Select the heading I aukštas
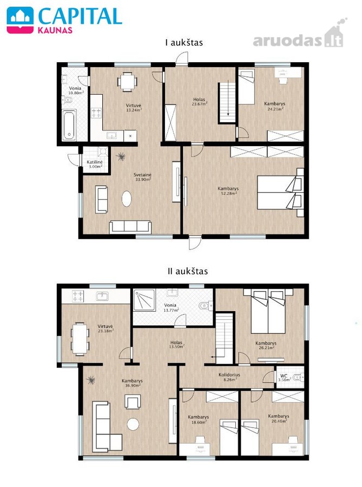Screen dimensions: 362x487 (184, 43)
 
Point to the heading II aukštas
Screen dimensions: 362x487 (188, 271)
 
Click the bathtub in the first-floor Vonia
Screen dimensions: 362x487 (69, 125)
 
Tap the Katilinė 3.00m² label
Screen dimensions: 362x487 (94, 164)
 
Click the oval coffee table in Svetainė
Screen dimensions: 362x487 (127, 199)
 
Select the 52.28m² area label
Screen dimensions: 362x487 (228, 193)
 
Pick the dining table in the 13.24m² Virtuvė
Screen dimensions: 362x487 (127, 82)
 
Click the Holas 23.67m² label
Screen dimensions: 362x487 (199, 102)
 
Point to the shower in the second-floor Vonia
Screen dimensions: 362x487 (144, 300)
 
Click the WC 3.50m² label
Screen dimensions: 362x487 (284, 377)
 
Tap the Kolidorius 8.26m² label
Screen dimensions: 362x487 (229, 377)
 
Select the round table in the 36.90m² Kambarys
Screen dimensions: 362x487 (133, 424)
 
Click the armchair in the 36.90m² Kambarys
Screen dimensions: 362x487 (133, 402)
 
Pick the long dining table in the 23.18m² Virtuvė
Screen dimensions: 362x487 (80, 339)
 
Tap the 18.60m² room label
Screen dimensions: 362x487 (199, 419)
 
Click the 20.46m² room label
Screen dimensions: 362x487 (279, 418)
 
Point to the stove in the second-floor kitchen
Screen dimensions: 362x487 (77, 297)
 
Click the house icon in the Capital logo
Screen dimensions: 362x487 (20, 20)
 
